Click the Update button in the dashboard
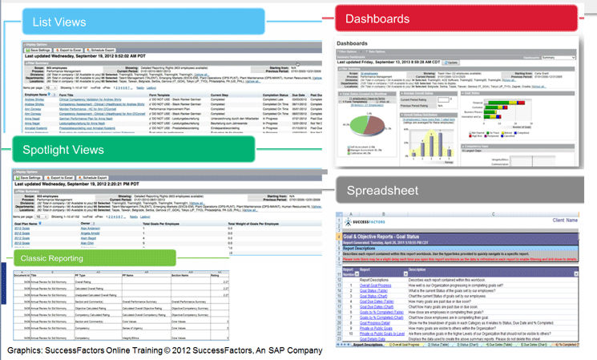click(x=452, y=61)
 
